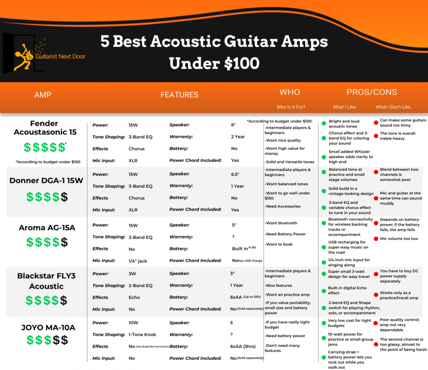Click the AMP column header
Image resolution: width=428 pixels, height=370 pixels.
(x=43, y=95)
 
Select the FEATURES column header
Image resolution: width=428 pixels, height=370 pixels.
(x=179, y=95)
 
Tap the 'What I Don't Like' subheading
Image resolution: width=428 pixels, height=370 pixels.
(x=393, y=107)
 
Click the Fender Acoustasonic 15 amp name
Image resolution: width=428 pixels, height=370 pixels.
(x=45, y=128)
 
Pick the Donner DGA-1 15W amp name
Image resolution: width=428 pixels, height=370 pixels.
(x=46, y=180)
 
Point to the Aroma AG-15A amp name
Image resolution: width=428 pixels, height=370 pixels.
(x=47, y=228)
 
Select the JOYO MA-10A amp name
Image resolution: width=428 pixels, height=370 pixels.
(x=48, y=328)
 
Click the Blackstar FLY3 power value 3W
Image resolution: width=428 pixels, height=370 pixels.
(x=132, y=274)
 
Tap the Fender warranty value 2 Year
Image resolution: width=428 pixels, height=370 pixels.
(x=238, y=137)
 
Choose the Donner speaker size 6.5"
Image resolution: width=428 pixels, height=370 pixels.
(x=235, y=174)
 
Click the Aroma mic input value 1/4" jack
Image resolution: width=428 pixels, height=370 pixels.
(x=138, y=261)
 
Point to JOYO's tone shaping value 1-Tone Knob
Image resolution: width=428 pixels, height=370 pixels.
(x=142, y=335)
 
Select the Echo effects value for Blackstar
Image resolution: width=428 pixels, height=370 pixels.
(x=134, y=297)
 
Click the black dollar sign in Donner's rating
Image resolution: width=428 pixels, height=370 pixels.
(x=64, y=197)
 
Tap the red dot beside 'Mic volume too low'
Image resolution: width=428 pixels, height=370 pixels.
(x=376, y=239)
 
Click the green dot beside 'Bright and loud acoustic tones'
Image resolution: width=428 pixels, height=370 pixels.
(x=324, y=124)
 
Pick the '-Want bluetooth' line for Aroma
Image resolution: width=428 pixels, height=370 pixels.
(x=281, y=223)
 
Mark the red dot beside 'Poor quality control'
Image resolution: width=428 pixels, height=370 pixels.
(x=376, y=323)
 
